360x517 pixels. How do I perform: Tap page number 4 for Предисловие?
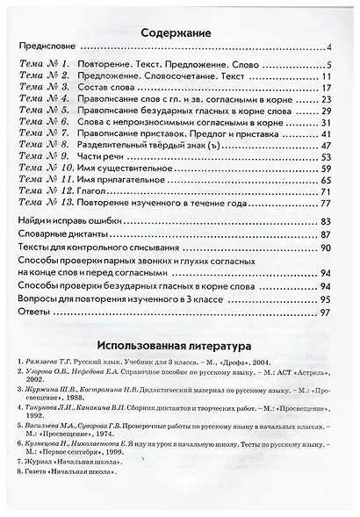coord(327,48)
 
